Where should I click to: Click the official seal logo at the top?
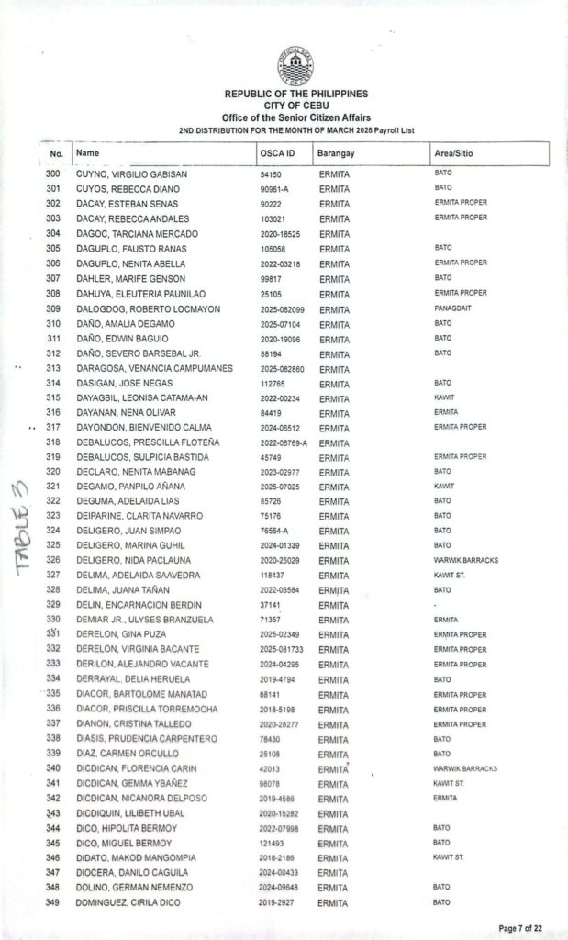(295, 63)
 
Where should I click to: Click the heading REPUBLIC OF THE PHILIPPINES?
(295, 94)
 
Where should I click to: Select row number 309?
(53, 308)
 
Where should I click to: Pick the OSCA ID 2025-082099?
(284, 308)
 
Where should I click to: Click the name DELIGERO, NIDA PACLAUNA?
(133, 559)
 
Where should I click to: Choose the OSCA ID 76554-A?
(275, 530)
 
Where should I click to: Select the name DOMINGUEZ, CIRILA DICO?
(129, 902)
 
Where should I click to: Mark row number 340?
(53, 768)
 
